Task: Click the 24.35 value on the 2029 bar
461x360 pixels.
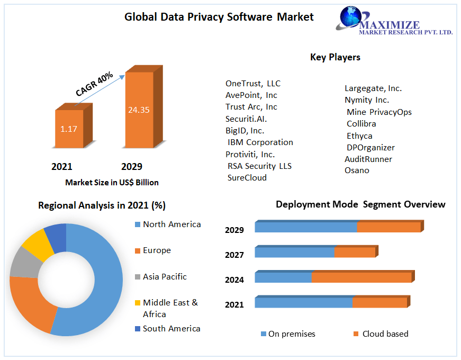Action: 139,110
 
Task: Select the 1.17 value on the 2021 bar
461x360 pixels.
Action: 69,129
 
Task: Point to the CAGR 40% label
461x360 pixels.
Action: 95,84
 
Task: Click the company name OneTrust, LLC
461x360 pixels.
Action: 253,84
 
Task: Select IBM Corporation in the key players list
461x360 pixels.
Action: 260,142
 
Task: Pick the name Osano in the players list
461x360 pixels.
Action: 357,170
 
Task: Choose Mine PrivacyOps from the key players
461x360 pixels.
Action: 379,112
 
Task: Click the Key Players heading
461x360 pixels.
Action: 335,57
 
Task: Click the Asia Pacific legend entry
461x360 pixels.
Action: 165,277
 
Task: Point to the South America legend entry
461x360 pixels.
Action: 171,329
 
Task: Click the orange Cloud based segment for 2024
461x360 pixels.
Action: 361,278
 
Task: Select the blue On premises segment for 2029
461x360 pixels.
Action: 305,227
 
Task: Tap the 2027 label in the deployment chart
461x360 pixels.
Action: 234,255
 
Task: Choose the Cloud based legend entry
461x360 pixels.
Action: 385,334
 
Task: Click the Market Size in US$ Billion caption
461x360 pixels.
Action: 112,183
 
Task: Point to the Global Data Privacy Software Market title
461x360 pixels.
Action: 219,17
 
